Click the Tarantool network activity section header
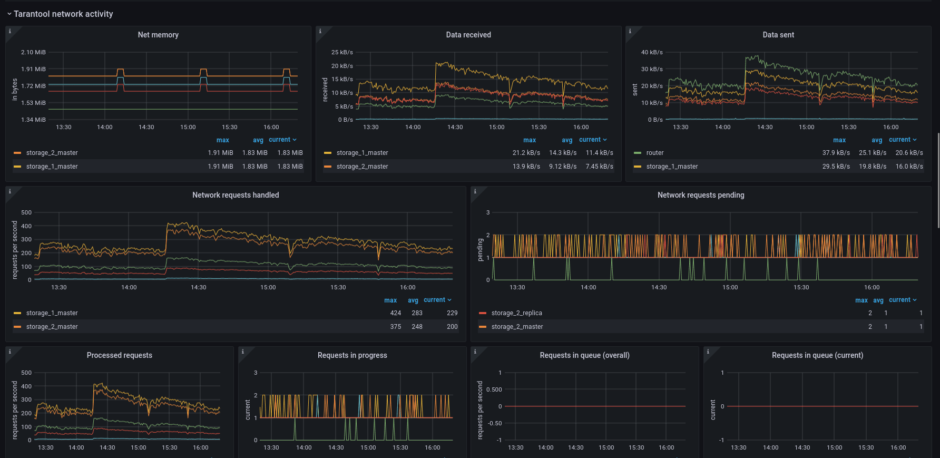pyautogui.click(x=63, y=14)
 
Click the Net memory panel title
pyautogui.click(x=158, y=35)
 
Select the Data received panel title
pyautogui.click(x=468, y=35)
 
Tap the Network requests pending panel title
pyautogui.click(x=701, y=195)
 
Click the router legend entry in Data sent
pyautogui.click(x=655, y=153)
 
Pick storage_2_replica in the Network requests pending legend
pyautogui.click(x=516, y=313)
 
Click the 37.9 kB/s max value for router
pyautogui.click(x=836, y=153)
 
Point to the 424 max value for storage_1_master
pyautogui.click(x=396, y=313)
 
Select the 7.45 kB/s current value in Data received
pyautogui.click(x=600, y=167)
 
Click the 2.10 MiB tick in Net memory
pyautogui.click(x=33, y=52)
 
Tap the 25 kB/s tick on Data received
pyautogui.click(x=342, y=52)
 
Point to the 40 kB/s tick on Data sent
pyautogui.click(x=652, y=52)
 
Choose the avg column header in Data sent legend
pyautogui.click(x=877, y=140)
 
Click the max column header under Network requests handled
pyautogui.click(x=390, y=300)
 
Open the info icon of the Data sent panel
pyautogui.click(x=630, y=31)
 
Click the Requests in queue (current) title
pyautogui.click(x=817, y=355)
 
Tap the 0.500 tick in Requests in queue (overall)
pyautogui.click(x=494, y=389)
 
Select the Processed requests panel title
pyautogui.click(x=120, y=355)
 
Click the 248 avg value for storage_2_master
pyautogui.click(x=417, y=327)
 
